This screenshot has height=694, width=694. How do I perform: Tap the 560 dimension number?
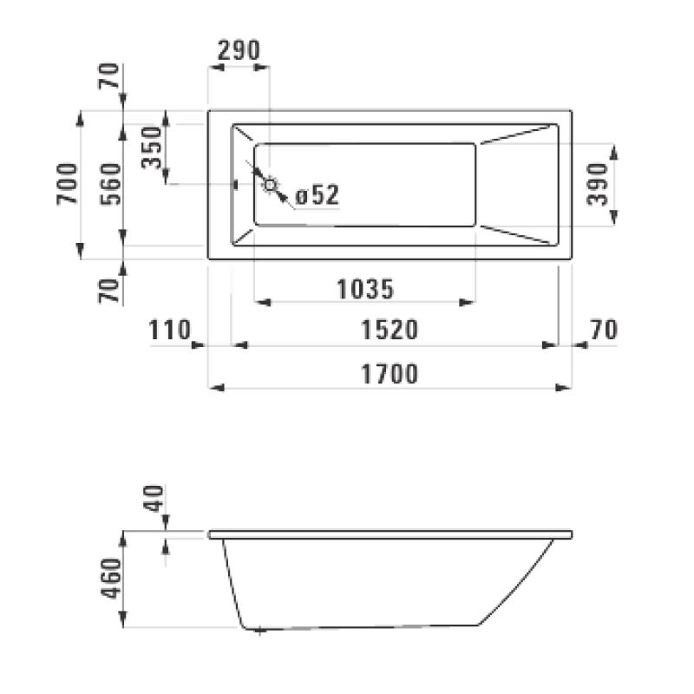(x=110, y=184)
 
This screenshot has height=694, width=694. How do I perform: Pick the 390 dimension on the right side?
(x=600, y=184)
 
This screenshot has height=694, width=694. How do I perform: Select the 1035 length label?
(x=366, y=287)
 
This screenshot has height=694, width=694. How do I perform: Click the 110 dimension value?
(x=170, y=330)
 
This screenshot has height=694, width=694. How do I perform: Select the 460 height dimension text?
(x=111, y=579)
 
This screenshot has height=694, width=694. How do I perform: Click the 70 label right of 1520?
(x=602, y=330)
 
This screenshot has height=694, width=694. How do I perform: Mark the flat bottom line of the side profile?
(x=364, y=625)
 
